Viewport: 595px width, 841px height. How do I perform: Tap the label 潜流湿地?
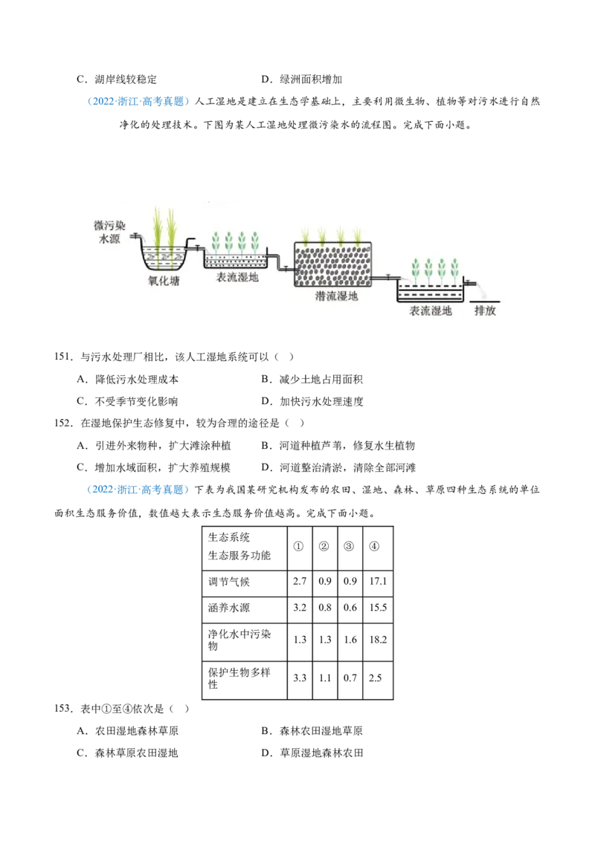pyautogui.click(x=337, y=296)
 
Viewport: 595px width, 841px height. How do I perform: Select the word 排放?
pyautogui.click(x=485, y=311)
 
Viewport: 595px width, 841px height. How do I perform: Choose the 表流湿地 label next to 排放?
pyautogui.click(x=431, y=311)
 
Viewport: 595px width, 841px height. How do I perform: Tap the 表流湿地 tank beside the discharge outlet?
pyautogui.click(x=430, y=291)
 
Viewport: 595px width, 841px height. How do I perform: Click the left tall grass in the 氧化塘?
pyautogui.click(x=157, y=227)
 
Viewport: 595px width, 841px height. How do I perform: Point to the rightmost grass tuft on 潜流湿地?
pyautogui.click(x=358, y=236)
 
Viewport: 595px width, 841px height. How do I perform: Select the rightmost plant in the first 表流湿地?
pyautogui.click(x=255, y=242)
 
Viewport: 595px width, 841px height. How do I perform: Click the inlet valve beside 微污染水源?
pyautogui.click(x=135, y=236)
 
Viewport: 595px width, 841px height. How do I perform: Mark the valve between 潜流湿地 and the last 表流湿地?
pyautogui.click(x=387, y=277)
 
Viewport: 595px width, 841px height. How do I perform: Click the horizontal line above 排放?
pyautogui.click(x=485, y=300)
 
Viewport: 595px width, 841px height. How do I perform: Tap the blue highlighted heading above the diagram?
pyautogui.click(x=138, y=100)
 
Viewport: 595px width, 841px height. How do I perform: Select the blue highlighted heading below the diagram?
pyautogui.click(x=138, y=490)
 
